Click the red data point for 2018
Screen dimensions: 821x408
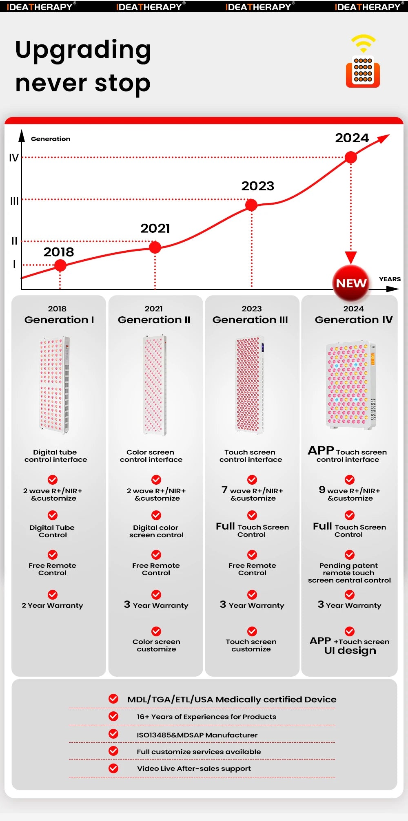click(x=60, y=265)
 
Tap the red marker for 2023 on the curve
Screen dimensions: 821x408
click(x=251, y=205)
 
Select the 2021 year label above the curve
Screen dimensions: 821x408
click(x=155, y=228)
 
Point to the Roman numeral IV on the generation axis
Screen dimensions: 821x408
click(x=14, y=158)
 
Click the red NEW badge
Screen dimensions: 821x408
click(x=351, y=283)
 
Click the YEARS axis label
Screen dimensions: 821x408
click(x=390, y=279)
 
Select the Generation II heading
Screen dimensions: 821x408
click(x=154, y=320)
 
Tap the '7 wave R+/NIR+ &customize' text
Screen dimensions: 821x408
click(x=253, y=494)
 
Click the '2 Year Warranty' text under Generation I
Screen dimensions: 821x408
click(x=52, y=605)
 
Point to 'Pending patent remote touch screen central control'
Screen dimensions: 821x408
click(x=349, y=573)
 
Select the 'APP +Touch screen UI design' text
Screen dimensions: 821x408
click(x=350, y=646)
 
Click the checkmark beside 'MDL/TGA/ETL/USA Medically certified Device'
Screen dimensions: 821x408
click(x=113, y=699)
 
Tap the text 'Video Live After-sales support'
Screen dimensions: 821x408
click(x=194, y=768)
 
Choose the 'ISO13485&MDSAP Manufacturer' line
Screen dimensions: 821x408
click(x=197, y=735)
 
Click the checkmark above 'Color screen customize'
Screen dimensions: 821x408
click(x=156, y=631)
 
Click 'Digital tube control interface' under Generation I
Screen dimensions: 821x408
click(x=55, y=456)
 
